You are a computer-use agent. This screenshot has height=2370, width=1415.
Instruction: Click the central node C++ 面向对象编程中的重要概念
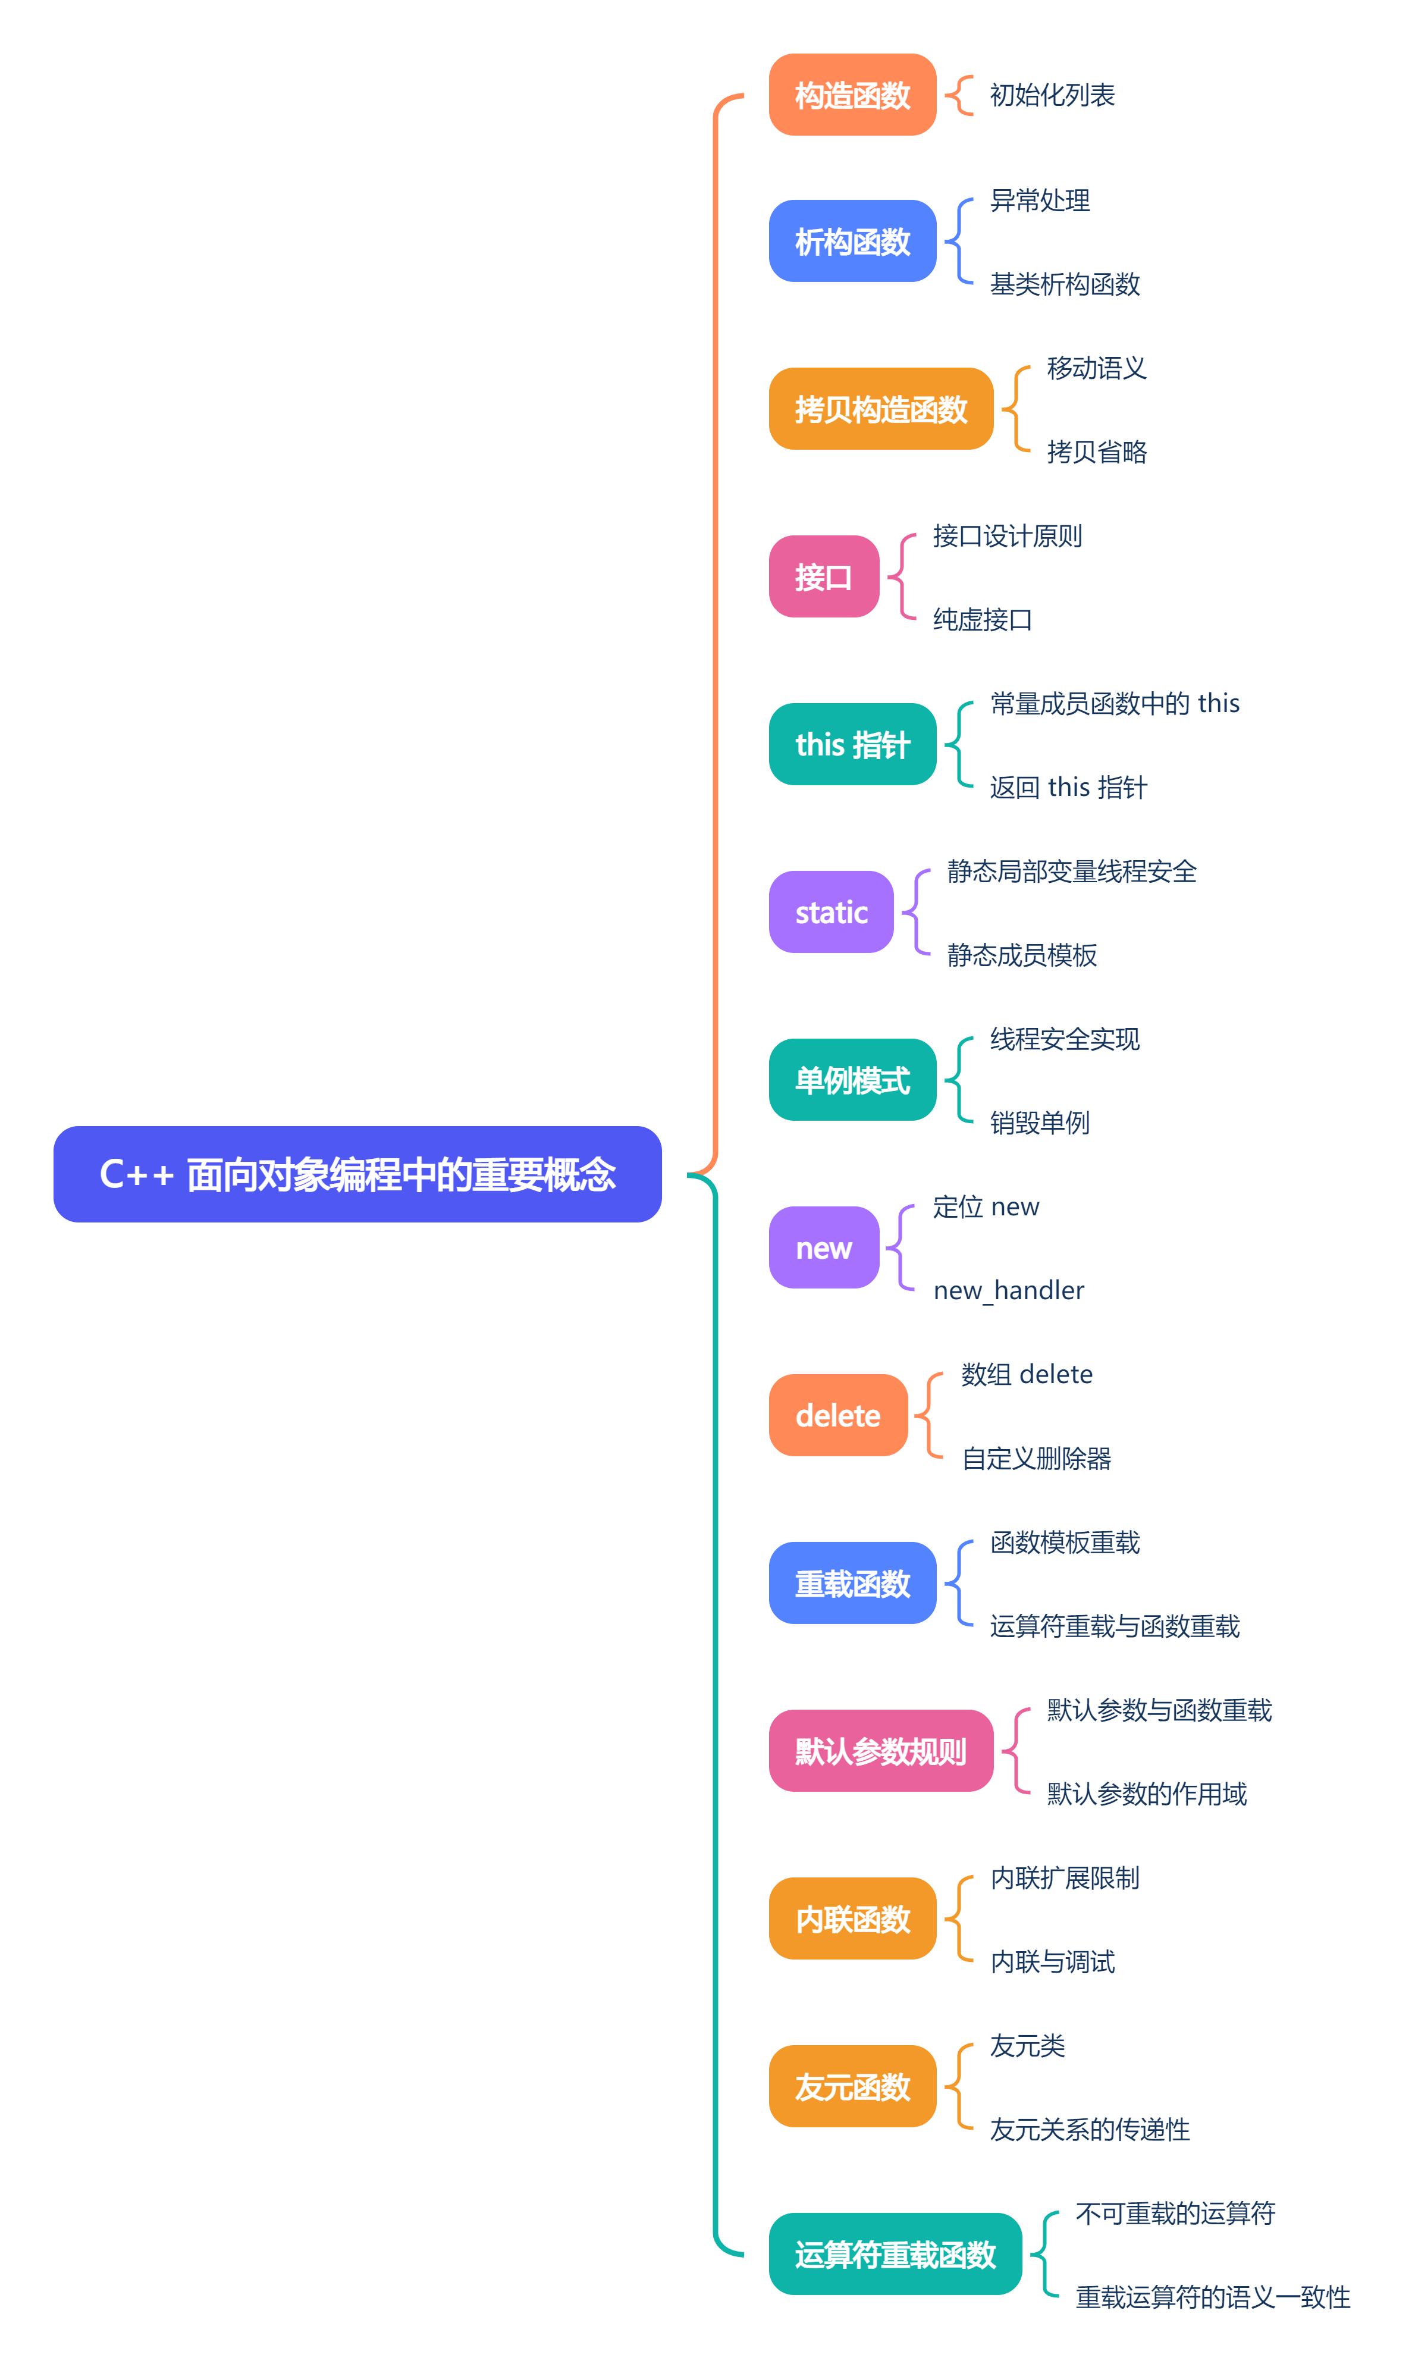click(357, 1174)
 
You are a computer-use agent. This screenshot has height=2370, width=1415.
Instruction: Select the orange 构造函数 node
click(852, 95)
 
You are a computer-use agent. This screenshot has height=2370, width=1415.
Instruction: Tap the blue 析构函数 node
click(852, 241)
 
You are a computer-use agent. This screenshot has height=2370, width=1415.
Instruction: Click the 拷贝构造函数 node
click(880, 409)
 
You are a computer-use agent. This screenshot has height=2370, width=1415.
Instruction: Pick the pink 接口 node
click(824, 577)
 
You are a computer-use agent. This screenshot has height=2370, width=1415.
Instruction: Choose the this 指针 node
click(852, 745)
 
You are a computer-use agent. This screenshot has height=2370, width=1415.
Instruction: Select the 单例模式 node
click(852, 1080)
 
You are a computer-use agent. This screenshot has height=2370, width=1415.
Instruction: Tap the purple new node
click(824, 1248)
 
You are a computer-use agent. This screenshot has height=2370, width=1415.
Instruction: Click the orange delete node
click(838, 1416)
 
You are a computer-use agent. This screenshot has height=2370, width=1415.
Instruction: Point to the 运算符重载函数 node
click(895, 2255)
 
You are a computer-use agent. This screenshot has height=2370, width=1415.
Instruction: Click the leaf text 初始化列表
click(1052, 95)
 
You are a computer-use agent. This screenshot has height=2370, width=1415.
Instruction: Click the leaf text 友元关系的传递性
click(1090, 2130)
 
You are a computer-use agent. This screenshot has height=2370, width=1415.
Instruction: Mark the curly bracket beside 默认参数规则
click(1015, 1751)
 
